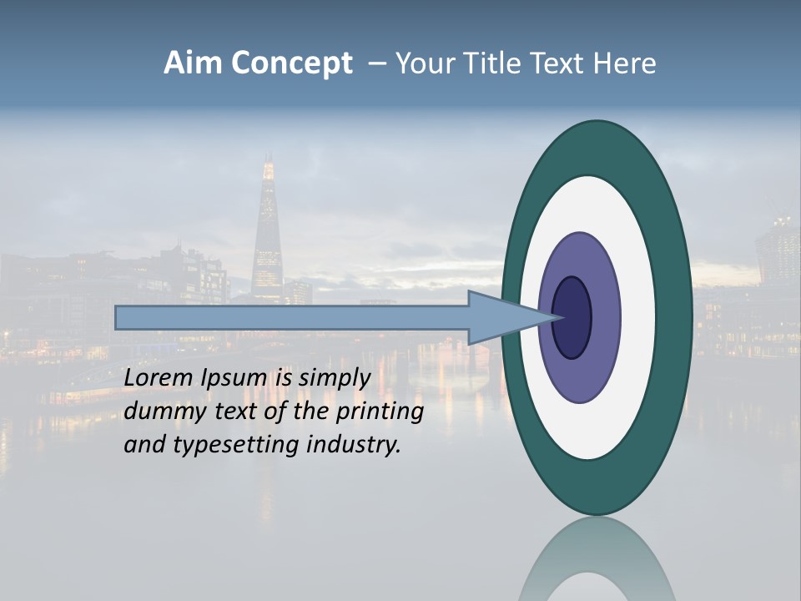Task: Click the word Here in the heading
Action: tap(626, 63)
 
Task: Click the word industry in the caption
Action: tap(354, 445)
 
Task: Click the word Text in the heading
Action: tap(557, 63)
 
